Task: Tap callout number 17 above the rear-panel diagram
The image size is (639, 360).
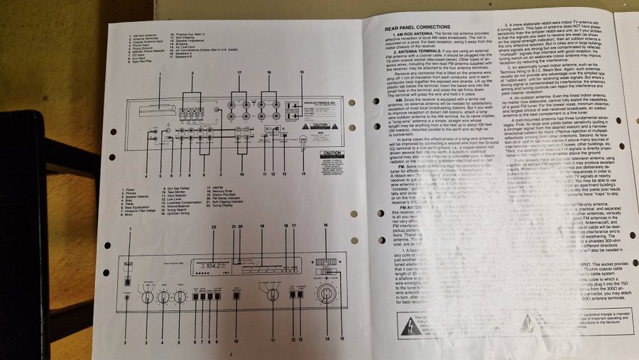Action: [x=239, y=72]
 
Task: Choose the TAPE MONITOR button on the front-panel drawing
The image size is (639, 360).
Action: [x=236, y=296]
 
